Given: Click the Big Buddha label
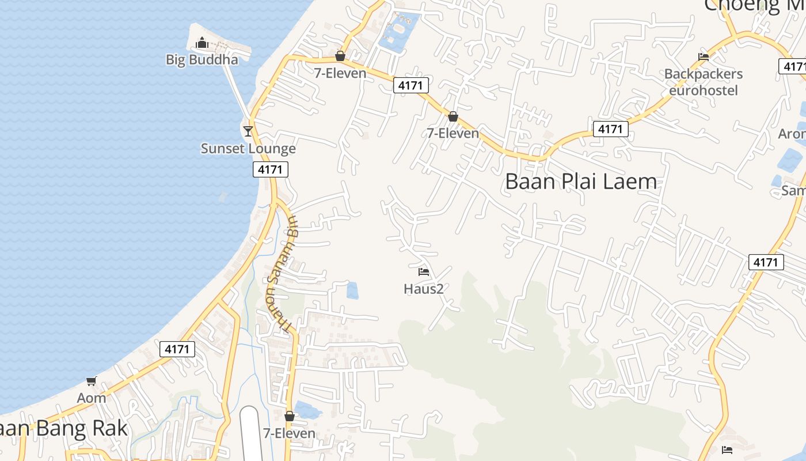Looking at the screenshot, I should [x=201, y=59].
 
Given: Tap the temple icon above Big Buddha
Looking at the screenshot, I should [x=201, y=43].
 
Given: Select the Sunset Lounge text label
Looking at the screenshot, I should [x=248, y=148].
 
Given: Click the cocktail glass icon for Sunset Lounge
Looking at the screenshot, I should [x=248, y=131].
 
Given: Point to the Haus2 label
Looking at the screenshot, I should [x=424, y=289].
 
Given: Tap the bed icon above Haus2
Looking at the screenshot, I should [x=424, y=272].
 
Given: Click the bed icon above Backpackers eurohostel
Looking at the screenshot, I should [x=703, y=56].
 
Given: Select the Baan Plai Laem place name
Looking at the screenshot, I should [x=581, y=182].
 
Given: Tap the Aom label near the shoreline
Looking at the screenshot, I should [x=92, y=398].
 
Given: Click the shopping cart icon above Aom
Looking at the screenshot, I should [x=92, y=381].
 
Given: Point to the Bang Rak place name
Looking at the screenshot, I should [x=63, y=428].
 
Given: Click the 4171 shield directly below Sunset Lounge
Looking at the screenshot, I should [x=270, y=169].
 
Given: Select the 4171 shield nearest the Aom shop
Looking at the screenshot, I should [x=177, y=349].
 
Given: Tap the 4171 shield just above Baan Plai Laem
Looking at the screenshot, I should [x=610, y=129].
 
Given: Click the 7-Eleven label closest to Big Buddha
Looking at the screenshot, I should [x=340, y=73].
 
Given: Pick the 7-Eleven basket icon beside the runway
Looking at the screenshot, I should [x=290, y=416].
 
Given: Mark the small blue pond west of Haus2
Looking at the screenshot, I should [x=352, y=290].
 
